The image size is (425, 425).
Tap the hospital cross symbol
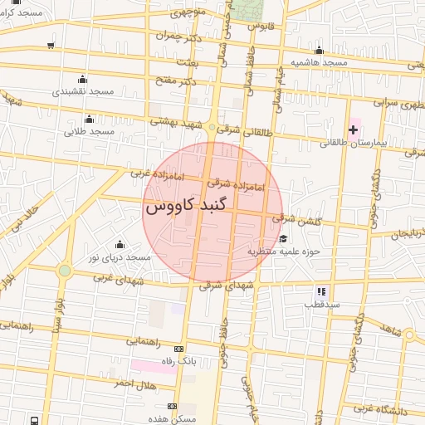coord(354,129)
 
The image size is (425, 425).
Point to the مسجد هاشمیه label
coord(319,63)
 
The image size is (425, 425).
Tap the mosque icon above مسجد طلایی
coord(90,118)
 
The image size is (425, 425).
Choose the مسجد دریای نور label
coord(120,258)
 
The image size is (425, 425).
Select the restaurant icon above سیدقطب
coord(320,291)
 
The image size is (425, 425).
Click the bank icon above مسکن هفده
coord(172,406)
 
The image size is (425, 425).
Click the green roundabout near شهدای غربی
coord(64,271)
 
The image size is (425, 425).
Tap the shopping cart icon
coord(52,45)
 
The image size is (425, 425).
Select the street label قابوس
coord(261,26)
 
